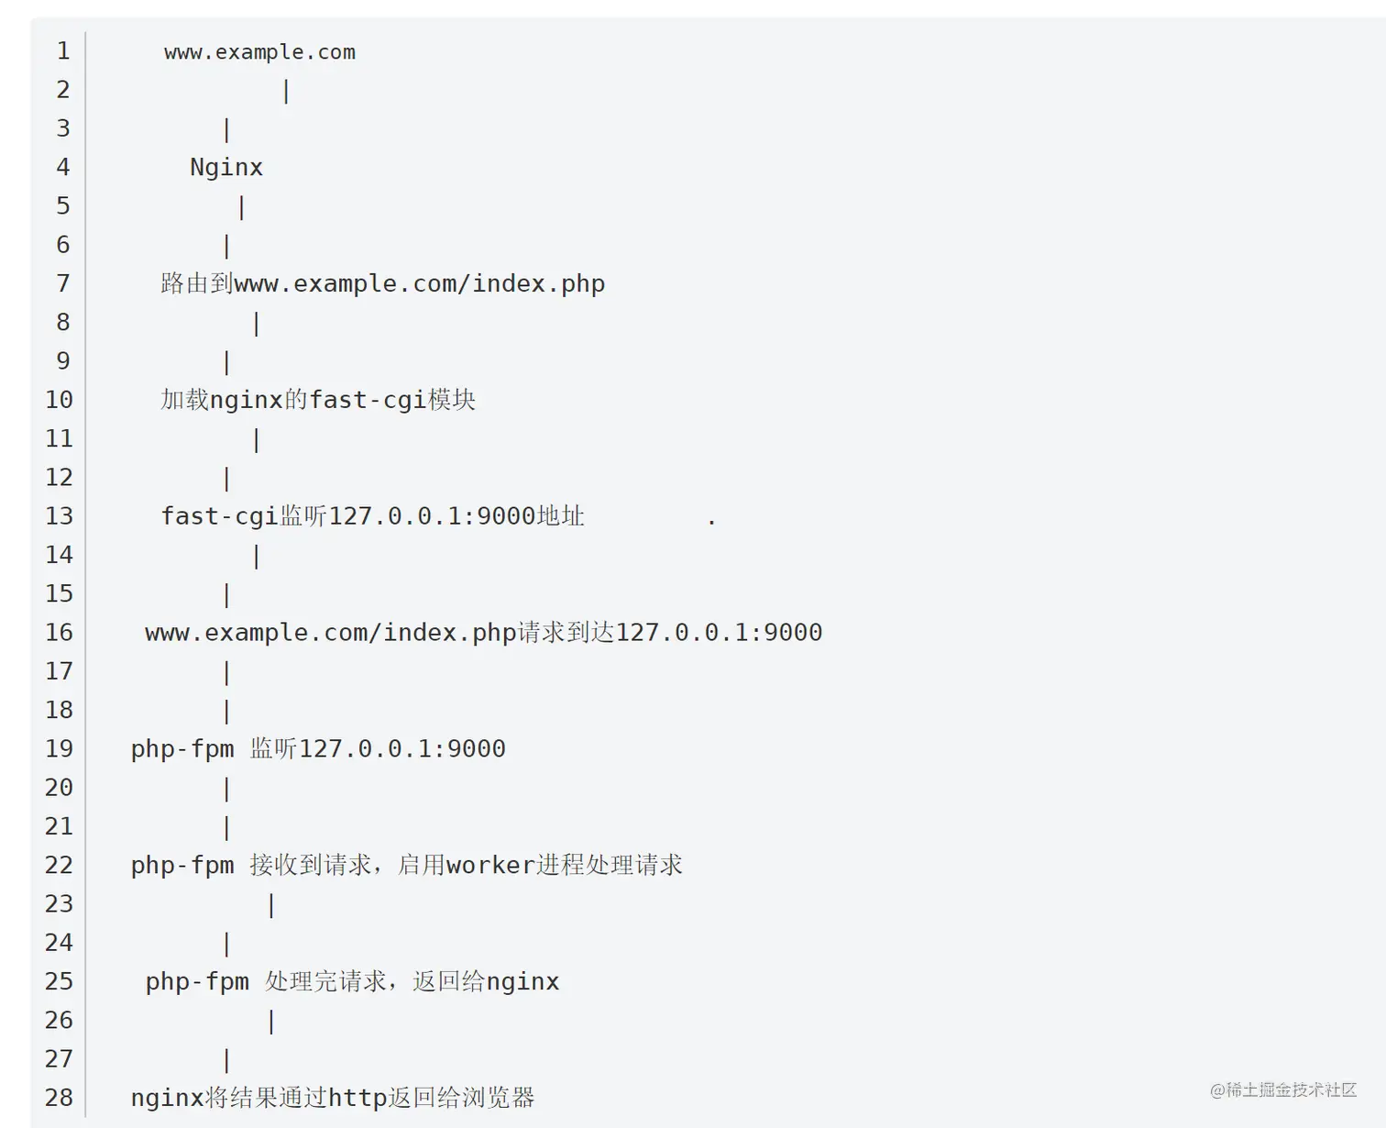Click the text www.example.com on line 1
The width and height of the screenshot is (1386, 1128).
tap(259, 52)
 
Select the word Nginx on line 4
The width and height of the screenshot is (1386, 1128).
tap(226, 168)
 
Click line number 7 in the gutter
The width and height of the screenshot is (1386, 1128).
tap(62, 283)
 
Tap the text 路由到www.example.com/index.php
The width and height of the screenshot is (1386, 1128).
tap(382, 283)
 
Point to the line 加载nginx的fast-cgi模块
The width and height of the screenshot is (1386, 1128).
tap(318, 400)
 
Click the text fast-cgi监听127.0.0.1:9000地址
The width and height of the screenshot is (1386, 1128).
tap(372, 516)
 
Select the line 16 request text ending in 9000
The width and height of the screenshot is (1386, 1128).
tap(483, 633)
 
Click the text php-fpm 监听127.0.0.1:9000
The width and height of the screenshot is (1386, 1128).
tap(318, 749)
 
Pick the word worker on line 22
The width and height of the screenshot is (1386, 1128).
tap(490, 866)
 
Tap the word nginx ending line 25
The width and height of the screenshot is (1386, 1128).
tap(522, 982)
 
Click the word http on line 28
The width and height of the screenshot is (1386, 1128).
tap(357, 1098)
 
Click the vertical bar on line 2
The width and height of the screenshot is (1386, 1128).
tap(286, 91)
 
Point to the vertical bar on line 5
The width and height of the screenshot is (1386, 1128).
tap(241, 207)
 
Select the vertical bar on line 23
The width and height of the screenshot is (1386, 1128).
tap(271, 905)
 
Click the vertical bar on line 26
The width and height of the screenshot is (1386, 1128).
tap(271, 1021)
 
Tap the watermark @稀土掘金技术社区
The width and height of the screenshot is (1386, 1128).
tap(1282, 1089)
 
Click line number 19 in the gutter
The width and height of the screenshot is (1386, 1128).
tap(60, 749)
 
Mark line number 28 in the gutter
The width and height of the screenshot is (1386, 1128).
tap(60, 1098)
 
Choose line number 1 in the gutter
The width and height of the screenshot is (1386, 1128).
tap(62, 51)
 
